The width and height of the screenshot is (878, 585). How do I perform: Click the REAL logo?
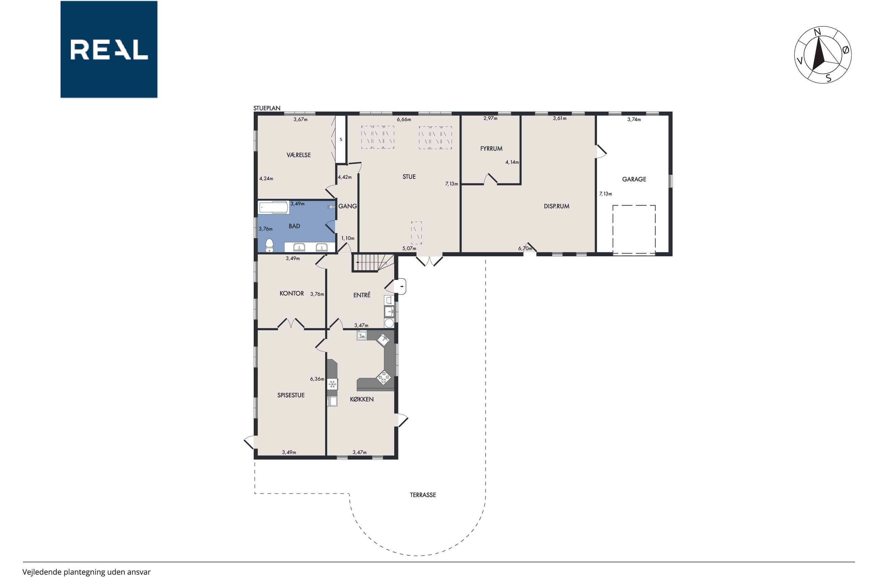point(109,49)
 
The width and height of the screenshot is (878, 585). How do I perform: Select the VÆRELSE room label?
point(299,155)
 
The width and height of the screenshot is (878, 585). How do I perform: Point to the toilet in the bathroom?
point(269,245)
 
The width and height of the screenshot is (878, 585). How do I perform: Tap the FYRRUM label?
point(491,149)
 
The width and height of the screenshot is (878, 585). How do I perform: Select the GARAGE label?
point(634,179)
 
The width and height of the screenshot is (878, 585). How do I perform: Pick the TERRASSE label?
point(423,495)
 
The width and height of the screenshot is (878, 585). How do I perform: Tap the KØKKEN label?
point(362,399)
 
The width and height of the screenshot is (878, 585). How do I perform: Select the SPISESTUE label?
point(291,395)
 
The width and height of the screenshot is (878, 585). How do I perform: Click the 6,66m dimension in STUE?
point(404,119)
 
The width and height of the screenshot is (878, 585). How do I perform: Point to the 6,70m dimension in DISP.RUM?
point(525,248)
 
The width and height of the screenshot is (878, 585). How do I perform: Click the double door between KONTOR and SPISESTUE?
point(291,323)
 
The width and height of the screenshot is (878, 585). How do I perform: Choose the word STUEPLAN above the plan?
point(267,108)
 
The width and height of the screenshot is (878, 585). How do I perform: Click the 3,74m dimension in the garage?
point(634,119)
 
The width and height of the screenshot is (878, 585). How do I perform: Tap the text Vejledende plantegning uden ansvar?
point(86,572)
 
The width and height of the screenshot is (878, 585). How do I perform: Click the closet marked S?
point(341,139)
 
